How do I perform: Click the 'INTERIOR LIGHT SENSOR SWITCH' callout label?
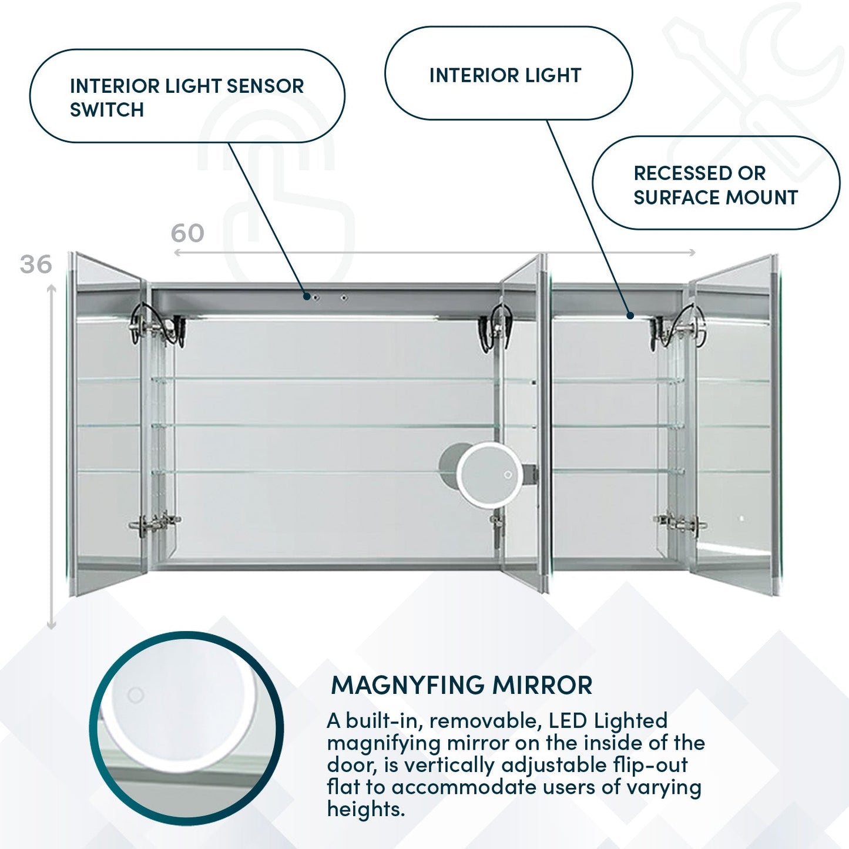click(x=187, y=97)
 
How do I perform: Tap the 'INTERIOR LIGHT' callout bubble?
click(x=505, y=75)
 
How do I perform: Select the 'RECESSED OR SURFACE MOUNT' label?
click(x=715, y=184)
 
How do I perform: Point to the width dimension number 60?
click(x=187, y=233)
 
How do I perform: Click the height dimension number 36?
click(x=36, y=264)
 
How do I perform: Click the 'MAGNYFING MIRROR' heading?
click(x=461, y=686)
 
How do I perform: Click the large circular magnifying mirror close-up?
click(x=186, y=727)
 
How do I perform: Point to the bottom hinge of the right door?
click(x=680, y=522)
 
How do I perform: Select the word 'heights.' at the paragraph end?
click(x=365, y=809)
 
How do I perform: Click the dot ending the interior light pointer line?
click(x=630, y=316)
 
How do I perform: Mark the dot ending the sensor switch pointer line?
click(x=307, y=297)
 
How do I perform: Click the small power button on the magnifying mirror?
click(x=508, y=475)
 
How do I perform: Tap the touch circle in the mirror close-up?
click(x=136, y=696)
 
